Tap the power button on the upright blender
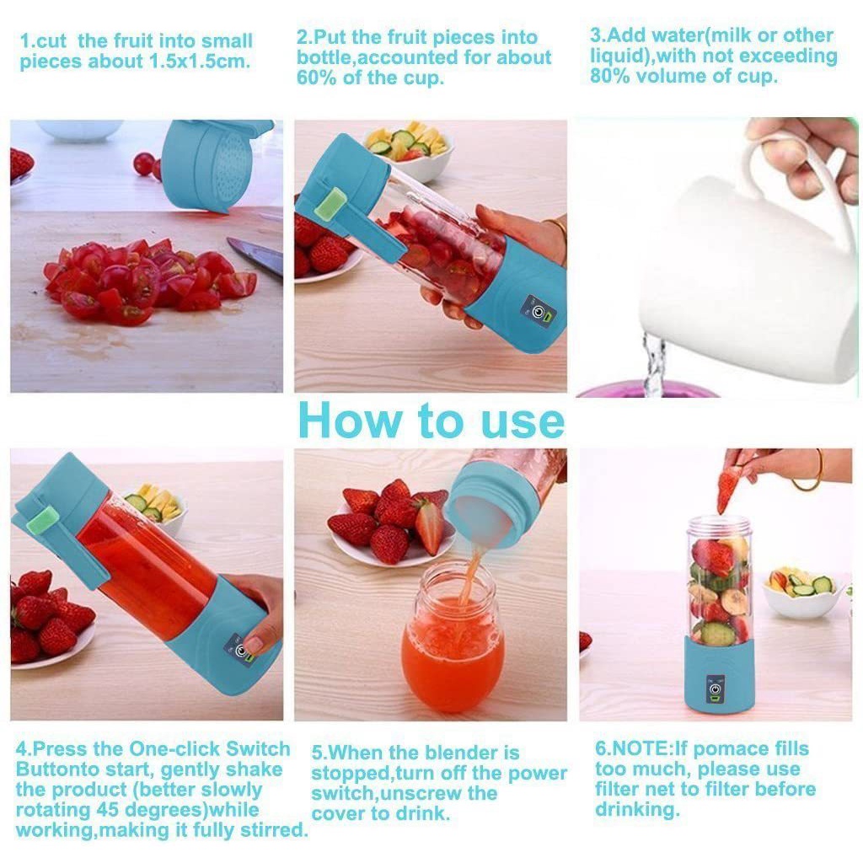point(715,689)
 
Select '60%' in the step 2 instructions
point(317,78)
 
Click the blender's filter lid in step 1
point(217,164)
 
